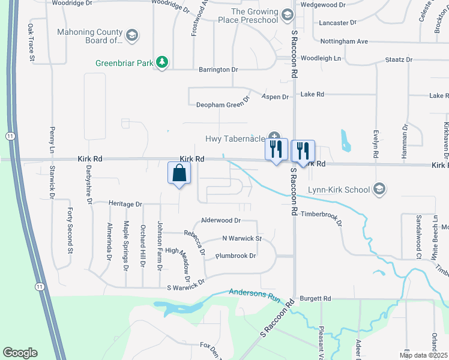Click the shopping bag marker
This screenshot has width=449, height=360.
coord(179,173)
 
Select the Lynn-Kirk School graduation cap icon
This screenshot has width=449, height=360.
coord(378,190)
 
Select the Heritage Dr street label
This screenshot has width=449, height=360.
coord(125,204)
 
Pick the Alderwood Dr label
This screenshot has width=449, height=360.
coord(220,221)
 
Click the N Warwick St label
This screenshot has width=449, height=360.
coord(242,238)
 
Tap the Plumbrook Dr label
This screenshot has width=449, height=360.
coord(235,256)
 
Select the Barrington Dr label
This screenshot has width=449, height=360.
coord(217,70)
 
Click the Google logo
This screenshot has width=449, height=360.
coord(20,353)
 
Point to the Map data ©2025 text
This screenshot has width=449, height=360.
coord(423,355)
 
